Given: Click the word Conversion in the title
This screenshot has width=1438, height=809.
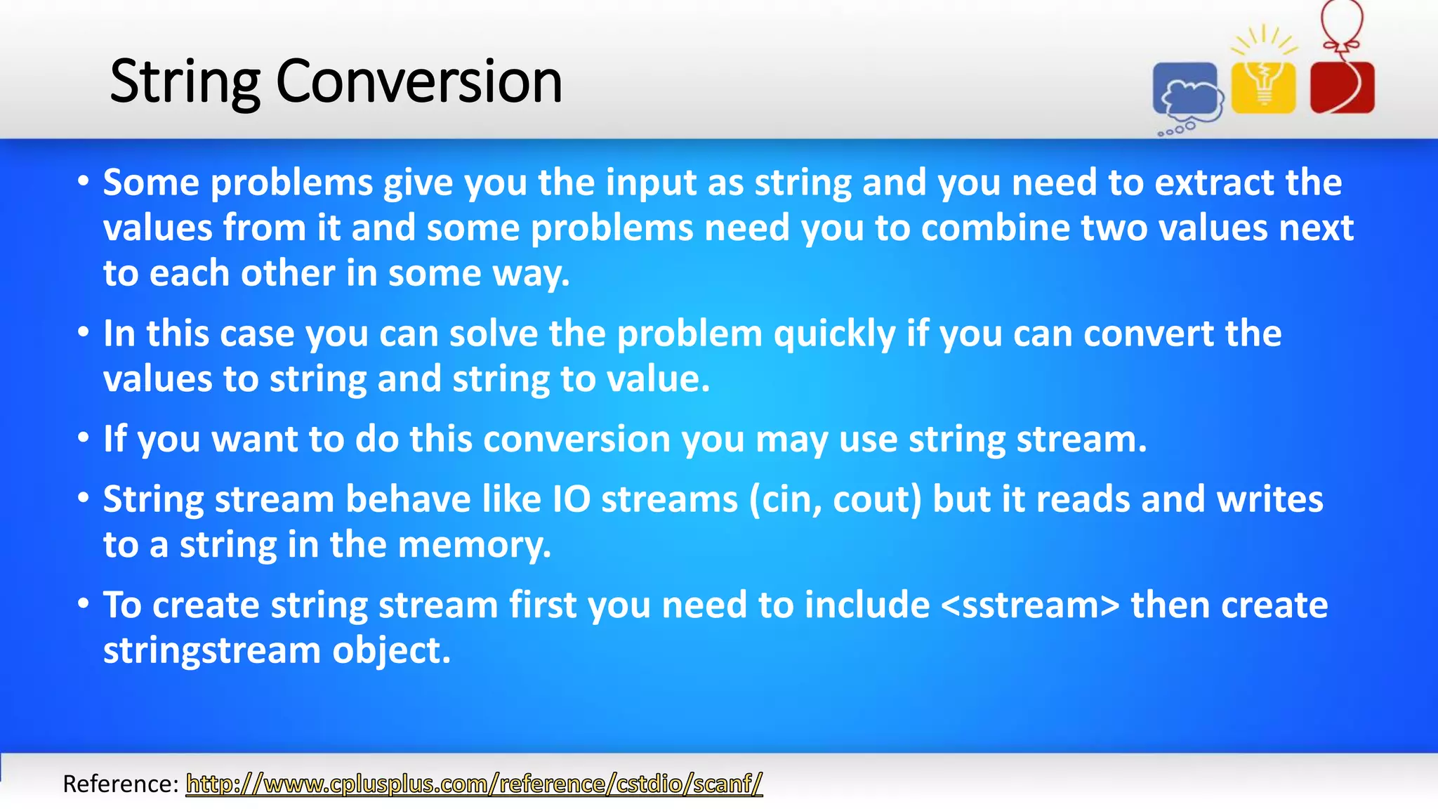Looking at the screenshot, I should pos(419,81).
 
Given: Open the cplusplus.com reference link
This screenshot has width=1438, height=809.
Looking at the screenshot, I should pos(474,783).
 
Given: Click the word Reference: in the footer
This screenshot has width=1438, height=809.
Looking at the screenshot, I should pos(121,783).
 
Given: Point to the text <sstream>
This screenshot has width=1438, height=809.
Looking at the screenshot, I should pos(1030,605).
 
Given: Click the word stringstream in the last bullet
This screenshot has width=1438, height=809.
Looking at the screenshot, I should pos(212,650).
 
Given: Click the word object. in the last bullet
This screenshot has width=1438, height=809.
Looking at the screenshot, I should pos(391,650).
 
